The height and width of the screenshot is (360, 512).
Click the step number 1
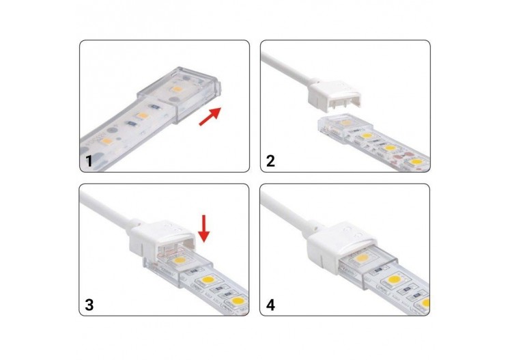(88, 162)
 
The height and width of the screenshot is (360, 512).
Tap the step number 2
(270, 162)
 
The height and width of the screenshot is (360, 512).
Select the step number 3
(88, 305)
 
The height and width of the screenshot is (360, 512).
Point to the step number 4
(270, 305)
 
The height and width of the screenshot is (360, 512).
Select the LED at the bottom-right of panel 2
(416, 163)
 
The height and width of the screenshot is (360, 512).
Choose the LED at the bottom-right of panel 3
(235, 301)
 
